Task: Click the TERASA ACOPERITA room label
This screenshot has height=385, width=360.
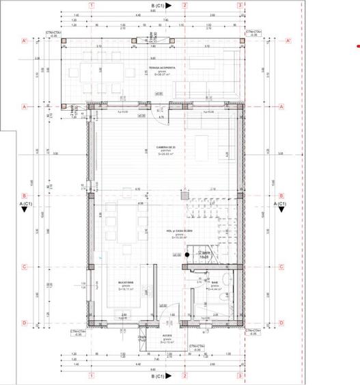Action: point(165,68)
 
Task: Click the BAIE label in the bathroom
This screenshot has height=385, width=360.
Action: point(214,283)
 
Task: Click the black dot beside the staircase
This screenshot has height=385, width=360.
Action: point(176,254)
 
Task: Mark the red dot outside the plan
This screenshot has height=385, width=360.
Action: point(355,46)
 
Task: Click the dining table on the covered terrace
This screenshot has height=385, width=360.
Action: point(102,71)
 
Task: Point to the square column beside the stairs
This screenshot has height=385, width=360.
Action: point(184,195)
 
